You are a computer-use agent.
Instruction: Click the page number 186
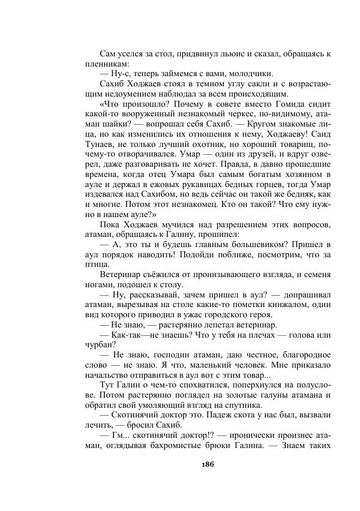(x=208, y=464)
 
